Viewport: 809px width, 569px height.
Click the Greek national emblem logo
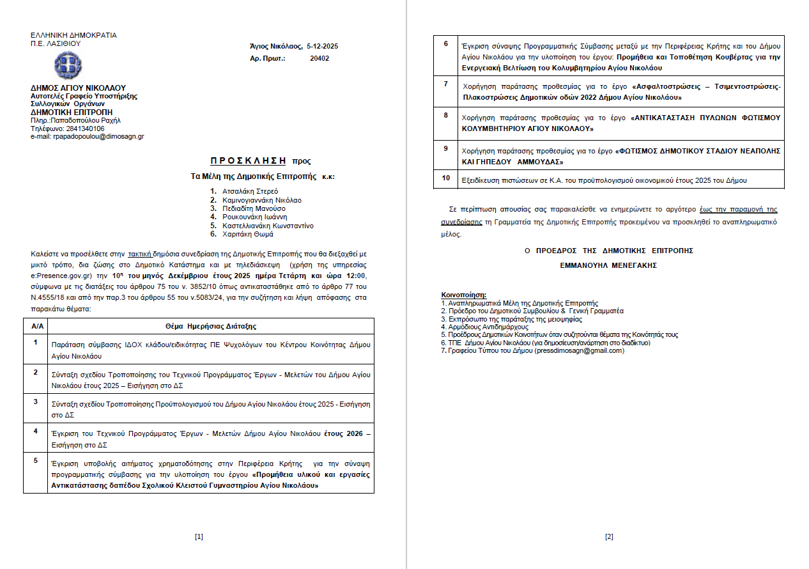point(68,65)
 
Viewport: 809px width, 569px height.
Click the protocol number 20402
point(319,58)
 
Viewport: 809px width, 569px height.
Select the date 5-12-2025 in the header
point(322,47)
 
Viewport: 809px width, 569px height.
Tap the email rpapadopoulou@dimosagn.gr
point(98,136)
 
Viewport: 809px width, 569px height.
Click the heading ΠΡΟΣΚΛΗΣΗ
point(250,161)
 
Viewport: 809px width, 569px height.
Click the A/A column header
point(37,326)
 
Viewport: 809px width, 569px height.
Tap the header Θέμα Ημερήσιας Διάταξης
point(211,326)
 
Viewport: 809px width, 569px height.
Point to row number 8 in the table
point(446,115)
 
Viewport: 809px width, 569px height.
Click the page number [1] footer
point(199,536)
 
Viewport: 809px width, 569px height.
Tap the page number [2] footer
point(609,536)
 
